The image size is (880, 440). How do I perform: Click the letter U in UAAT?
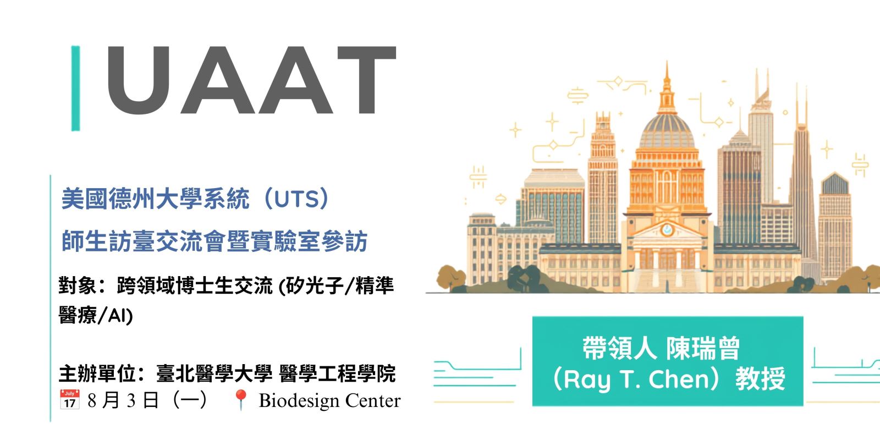point(139,80)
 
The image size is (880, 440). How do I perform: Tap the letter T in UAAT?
point(366,80)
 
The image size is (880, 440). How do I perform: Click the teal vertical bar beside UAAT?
point(75,88)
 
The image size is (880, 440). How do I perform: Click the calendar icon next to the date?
point(69,399)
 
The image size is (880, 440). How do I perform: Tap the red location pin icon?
point(240,400)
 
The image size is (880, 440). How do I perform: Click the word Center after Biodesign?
point(373,401)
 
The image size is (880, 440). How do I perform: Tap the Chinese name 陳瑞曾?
point(703,348)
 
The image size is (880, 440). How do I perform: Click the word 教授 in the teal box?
point(760,379)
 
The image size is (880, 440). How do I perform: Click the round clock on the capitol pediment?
point(667,230)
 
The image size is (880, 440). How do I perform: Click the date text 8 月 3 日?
point(123,400)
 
